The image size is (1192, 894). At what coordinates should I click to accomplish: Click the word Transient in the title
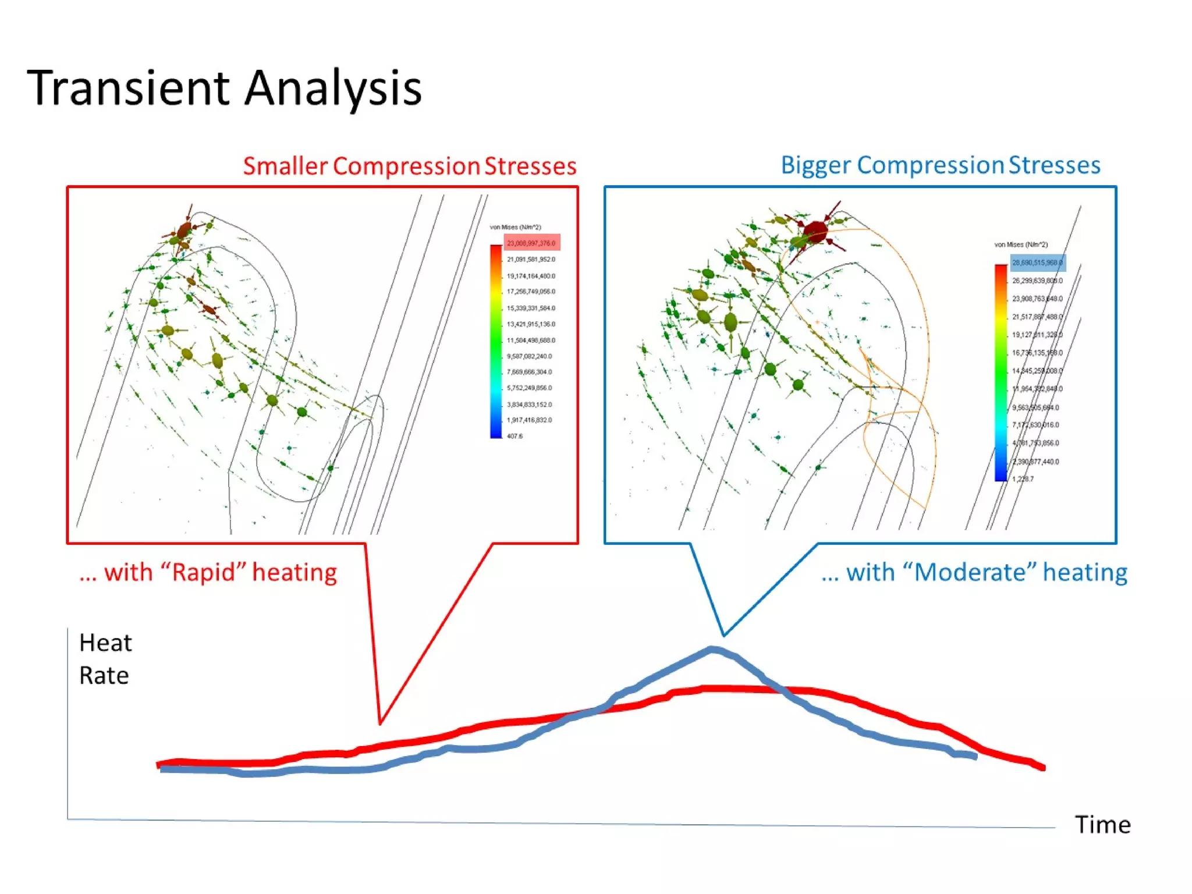[x=128, y=88]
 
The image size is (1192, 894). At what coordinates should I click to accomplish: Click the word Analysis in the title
[x=333, y=88]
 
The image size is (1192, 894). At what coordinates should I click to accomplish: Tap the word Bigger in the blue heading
[x=815, y=165]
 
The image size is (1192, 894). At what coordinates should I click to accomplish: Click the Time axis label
[x=1102, y=825]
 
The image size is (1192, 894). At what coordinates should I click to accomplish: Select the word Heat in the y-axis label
[x=105, y=643]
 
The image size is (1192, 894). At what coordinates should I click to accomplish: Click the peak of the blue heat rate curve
[x=712, y=648]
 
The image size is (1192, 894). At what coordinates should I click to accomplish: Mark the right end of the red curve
[x=1044, y=768]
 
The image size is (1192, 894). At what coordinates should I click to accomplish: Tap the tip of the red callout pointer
[x=380, y=723]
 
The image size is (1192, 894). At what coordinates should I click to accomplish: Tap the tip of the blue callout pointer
[x=723, y=635]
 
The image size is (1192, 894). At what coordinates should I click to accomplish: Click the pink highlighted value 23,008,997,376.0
[x=531, y=243]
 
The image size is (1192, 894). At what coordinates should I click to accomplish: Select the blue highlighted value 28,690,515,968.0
[x=1037, y=262]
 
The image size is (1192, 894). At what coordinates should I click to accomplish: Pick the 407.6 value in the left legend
[x=515, y=436]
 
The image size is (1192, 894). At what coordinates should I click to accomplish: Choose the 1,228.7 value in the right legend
[x=1023, y=479]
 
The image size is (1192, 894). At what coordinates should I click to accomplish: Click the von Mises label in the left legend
[x=515, y=227]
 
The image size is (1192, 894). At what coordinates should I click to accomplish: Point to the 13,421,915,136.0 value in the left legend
[x=531, y=324]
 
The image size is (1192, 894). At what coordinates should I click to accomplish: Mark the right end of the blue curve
[x=975, y=757]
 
